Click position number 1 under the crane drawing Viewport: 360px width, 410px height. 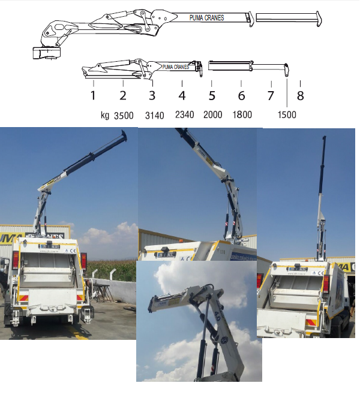[x=93, y=95]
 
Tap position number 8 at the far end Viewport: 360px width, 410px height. [x=300, y=95]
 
